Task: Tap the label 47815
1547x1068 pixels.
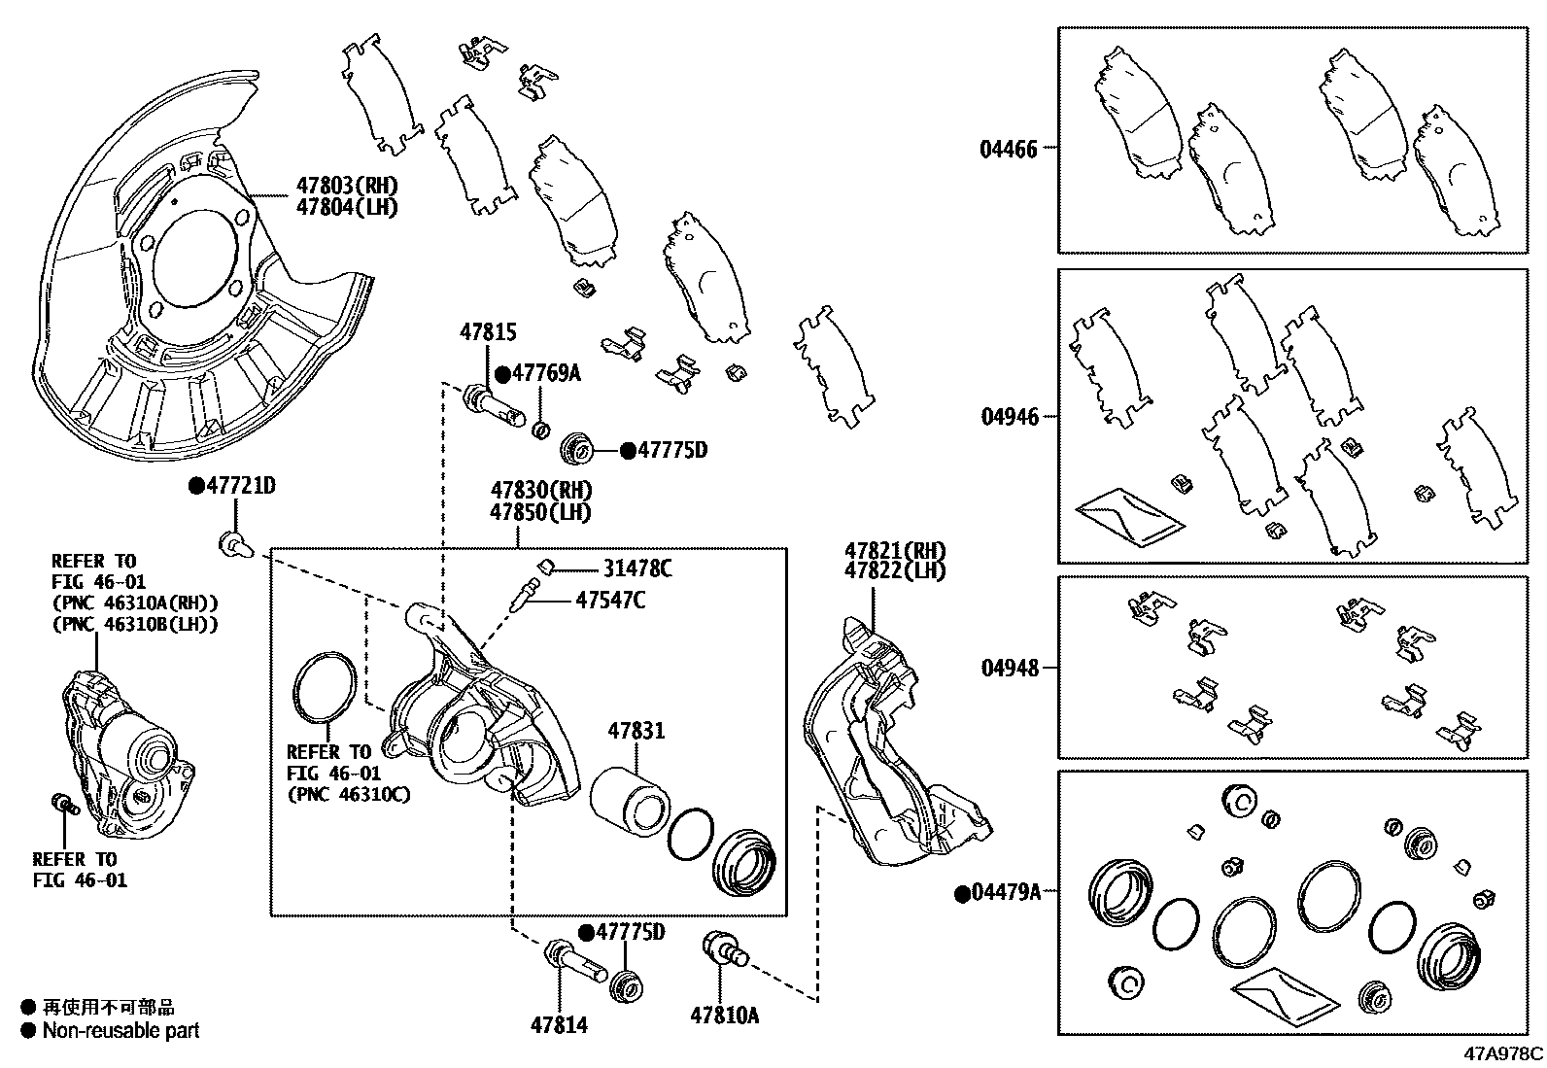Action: [x=488, y=332]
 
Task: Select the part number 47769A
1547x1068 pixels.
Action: [x=546, y=373]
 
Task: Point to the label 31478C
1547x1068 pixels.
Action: [x=636, y=568]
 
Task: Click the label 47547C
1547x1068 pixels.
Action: [x=609, y=601]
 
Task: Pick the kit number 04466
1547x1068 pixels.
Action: [x=1009, y=149]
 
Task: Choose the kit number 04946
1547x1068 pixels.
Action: [x=1009, y=417]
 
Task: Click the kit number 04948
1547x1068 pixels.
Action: [x=1009, y=668]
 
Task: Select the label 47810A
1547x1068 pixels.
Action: [x=724, y=1016]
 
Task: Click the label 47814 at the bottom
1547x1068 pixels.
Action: [x=559, y=1024]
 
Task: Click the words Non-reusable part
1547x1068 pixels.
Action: [x=120, y=1031]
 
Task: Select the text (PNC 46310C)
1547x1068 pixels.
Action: [x=348, y=794]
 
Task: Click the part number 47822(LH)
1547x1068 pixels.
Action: [x=894, y=571]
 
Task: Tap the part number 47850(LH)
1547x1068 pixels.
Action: [x=540, y=511]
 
